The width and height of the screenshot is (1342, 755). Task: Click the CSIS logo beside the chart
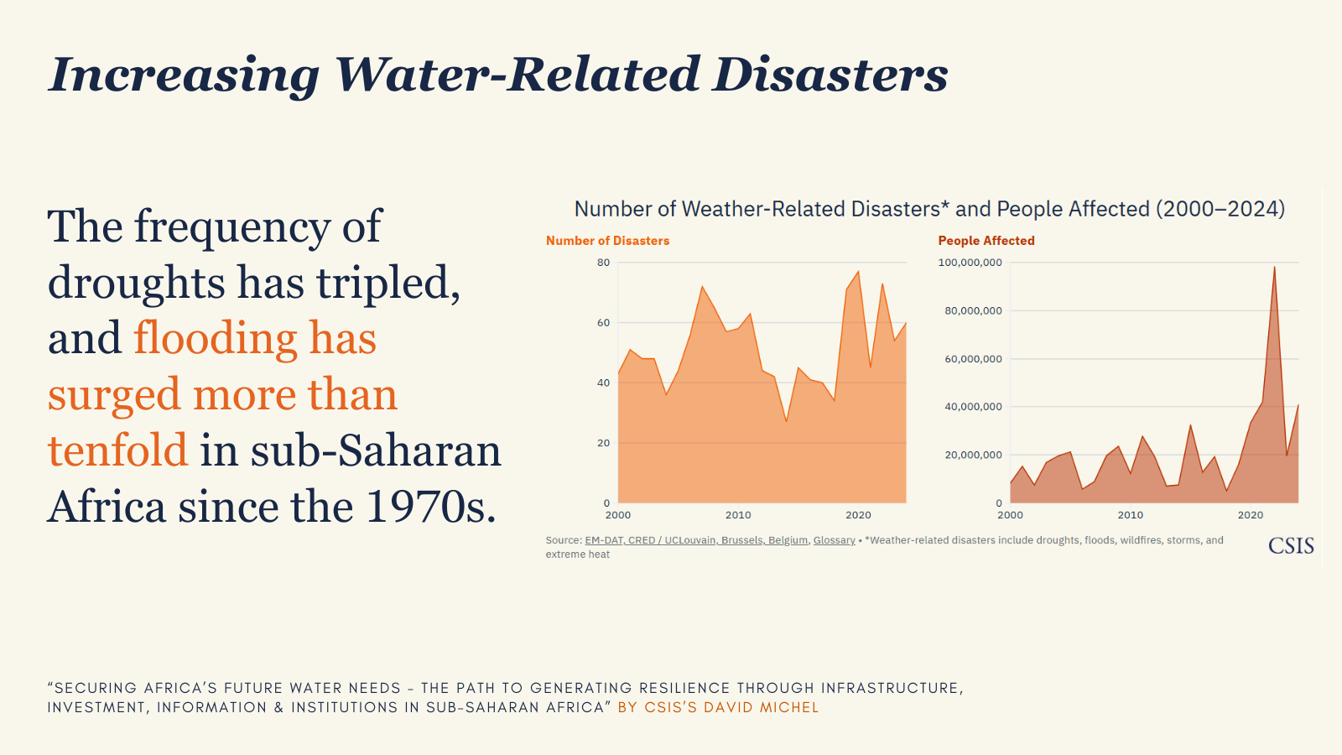1291,546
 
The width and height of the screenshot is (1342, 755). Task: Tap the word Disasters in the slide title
830,74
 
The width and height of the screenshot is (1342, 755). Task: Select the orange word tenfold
117,450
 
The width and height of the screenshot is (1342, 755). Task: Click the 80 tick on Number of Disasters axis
604,263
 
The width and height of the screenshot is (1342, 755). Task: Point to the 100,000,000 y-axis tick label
970,263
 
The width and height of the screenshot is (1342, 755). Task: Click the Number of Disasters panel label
607,241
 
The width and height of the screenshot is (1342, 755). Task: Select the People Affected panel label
986,241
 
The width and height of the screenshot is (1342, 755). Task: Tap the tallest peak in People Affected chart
1274,268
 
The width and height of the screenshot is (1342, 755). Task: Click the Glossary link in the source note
834,540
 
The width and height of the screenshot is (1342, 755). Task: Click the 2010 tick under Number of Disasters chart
738,515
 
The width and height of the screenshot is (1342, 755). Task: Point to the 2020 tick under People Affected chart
1251,515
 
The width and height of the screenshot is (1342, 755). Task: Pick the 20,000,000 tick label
973,455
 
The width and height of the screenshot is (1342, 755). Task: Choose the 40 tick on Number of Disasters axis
604,383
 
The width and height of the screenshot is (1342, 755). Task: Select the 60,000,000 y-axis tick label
973,359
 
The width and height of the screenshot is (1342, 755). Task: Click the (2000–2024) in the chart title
1220,209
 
